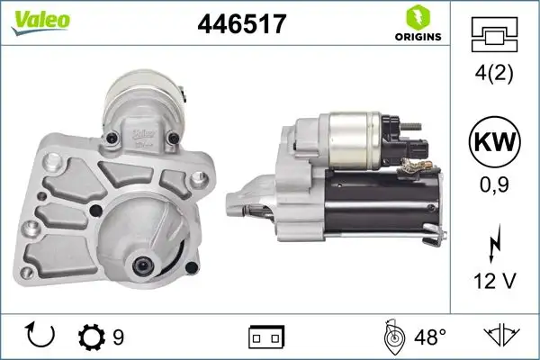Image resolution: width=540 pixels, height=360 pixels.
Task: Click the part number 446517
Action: [x=241, y=24]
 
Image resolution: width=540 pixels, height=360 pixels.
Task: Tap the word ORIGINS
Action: [x=417, y=37]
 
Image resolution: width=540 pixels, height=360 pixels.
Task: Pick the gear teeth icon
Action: [x=92, y=337]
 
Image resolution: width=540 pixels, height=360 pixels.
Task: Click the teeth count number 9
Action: [x=118, y=337]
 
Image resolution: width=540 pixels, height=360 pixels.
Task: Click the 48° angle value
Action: [x=429, y=337]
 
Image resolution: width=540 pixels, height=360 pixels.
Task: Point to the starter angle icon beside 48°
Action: [x=392, y=337]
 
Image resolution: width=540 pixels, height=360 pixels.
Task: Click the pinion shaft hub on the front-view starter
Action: [x=144, y=265]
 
